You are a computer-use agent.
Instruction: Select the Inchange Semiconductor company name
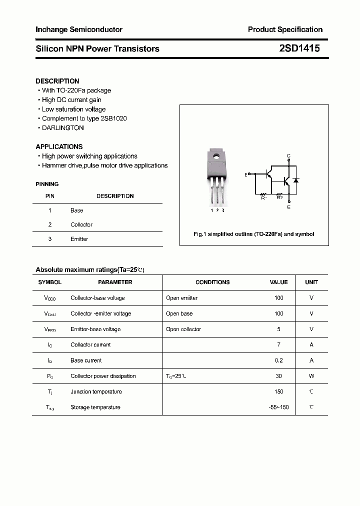(x=79, y=29)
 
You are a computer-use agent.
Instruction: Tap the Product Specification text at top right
(x=285, y=29)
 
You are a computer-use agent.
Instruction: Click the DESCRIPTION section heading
(x=57, y=81)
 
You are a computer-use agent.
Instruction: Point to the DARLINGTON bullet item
(x=62, y=127)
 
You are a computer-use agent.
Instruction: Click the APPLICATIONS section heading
(x=59, y=146)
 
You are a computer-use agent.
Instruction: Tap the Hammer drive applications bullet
(x=104, y=165)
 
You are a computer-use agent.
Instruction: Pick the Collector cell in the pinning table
(x=81, y=224)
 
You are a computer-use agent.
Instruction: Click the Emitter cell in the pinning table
(x=79, y=239)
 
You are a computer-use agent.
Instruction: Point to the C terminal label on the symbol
(x=288, y=156)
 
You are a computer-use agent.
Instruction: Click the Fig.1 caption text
(x=254, y=234)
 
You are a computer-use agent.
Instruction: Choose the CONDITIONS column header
(x=212, y=282)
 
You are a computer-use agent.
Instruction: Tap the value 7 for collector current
(x=278, y=344)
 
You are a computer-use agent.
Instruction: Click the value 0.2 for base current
(x=278, y=360)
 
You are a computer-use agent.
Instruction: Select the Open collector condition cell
(x=183, y=329)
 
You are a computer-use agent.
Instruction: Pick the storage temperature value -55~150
(x=278, y=407)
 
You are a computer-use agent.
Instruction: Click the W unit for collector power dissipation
(x=311, y=376)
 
